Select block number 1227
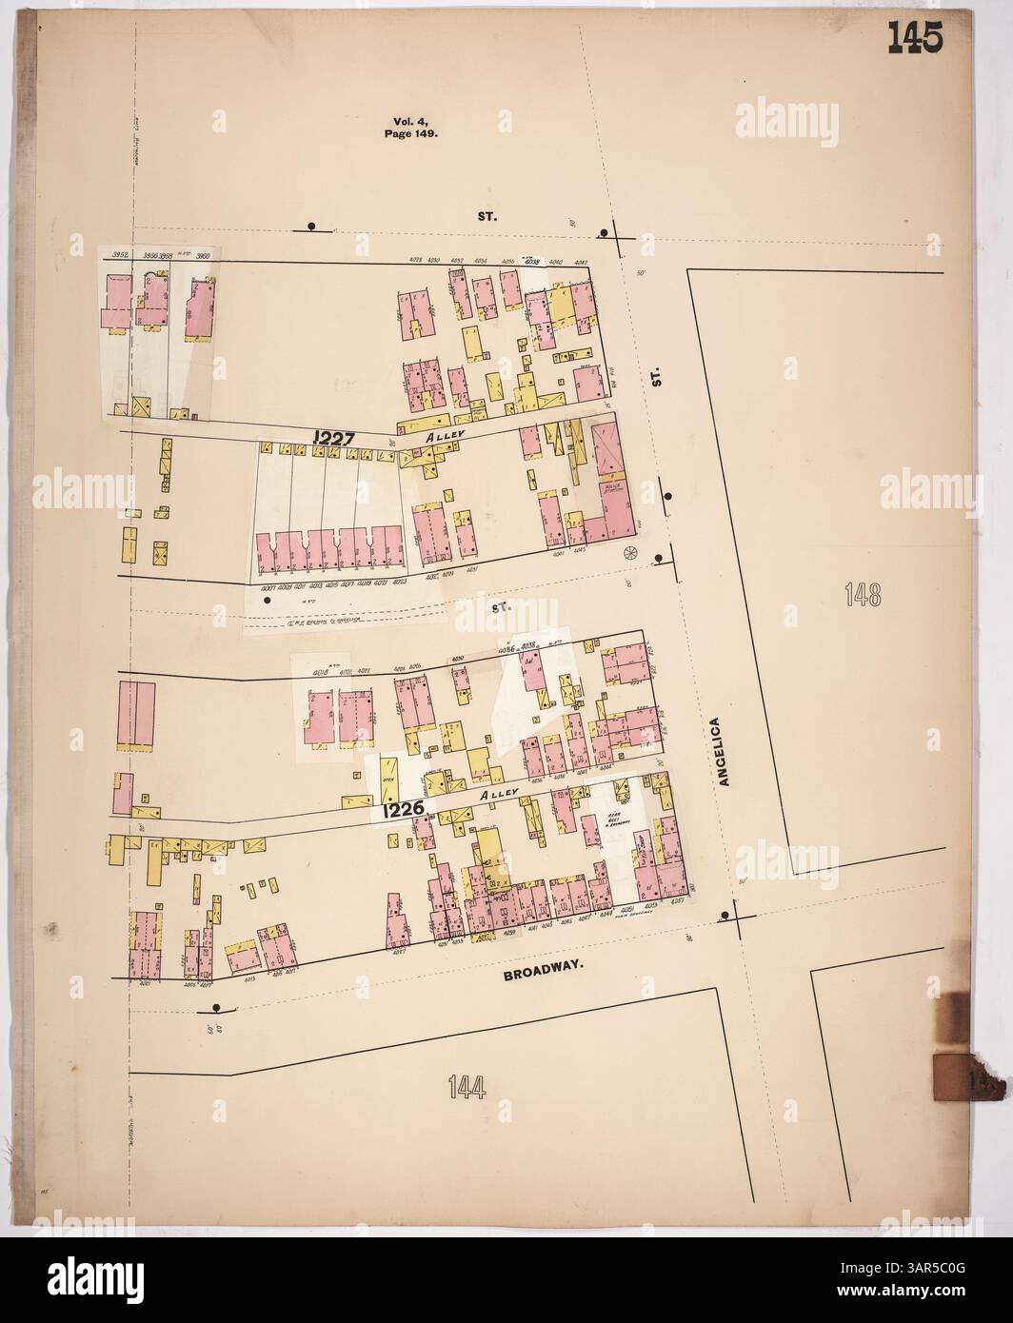(333, 438)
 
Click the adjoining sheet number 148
(864, 595)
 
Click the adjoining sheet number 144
(467, 1085)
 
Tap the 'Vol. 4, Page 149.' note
(414, 128)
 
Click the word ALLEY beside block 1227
(445, 434)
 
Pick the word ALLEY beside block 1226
(499, 792)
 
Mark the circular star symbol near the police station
(628, 553)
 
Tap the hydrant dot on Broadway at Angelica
(725, 916)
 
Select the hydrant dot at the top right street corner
(603, 234)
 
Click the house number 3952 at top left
(119, 255)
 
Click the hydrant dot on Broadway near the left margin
(217, 1008)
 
